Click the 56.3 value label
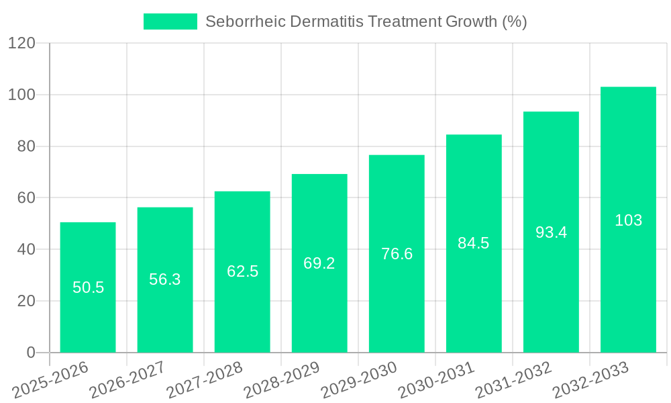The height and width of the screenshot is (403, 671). point(165,279)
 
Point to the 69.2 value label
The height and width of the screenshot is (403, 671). point(319,263)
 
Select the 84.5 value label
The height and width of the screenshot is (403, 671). point(474,243)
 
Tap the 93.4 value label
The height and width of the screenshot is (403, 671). point(551,232)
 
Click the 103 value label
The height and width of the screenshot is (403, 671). point(628,220)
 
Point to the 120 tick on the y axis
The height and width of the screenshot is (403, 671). point(21,43)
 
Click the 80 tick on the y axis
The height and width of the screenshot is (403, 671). point(25,146)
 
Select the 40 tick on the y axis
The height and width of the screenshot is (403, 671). point(25,249)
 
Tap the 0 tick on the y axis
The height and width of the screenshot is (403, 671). point(30,353)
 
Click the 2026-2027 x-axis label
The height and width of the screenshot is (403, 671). point(127,379)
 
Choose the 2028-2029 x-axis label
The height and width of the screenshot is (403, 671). point(282,379)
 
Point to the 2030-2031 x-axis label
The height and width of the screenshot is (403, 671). point(436,379)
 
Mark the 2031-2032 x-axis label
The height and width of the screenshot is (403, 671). point(513,379)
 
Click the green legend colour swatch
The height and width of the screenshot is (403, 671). point(170,21)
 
